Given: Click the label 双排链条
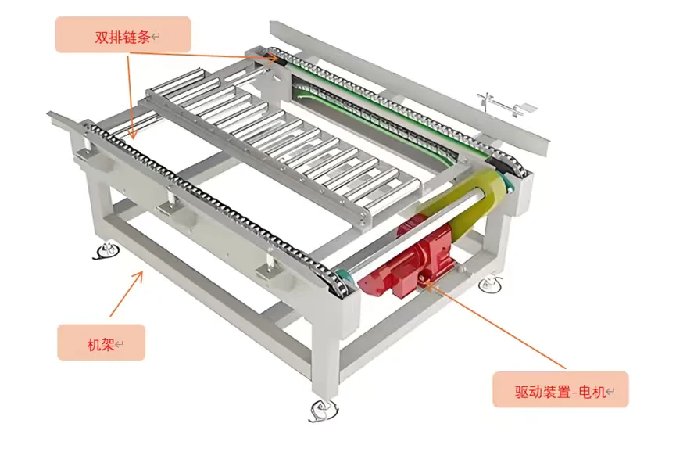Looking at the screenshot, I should point(123,35).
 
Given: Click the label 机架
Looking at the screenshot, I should point(101,343).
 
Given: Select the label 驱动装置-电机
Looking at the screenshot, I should point(560,389).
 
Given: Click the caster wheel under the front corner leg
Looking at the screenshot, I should point(321,409).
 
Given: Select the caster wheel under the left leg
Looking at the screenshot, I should point(105,251).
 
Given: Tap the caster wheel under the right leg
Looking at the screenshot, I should point(491,283).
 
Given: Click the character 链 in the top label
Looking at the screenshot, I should point(129,35).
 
